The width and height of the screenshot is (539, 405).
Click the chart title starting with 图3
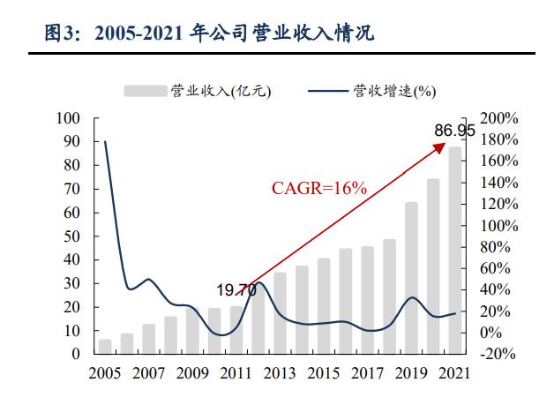(x=209, y=34)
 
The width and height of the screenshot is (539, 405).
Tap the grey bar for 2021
(x=455, y=251)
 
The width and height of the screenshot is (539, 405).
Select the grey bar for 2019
(x=411, y=278)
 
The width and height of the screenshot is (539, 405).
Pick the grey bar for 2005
(x=105, y=346)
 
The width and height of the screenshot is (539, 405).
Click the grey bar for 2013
(x=280, y=313)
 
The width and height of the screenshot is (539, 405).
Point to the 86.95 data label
(x=454, y=131)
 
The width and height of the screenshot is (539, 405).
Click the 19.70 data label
(x=236, y=289)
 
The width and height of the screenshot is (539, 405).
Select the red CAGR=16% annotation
(x=318, y=187)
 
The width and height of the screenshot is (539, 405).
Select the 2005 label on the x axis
(x=105, y=373)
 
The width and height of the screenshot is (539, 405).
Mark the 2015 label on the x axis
(x=324, y=373)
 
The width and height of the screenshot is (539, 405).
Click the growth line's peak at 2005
(x=105, y=141)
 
